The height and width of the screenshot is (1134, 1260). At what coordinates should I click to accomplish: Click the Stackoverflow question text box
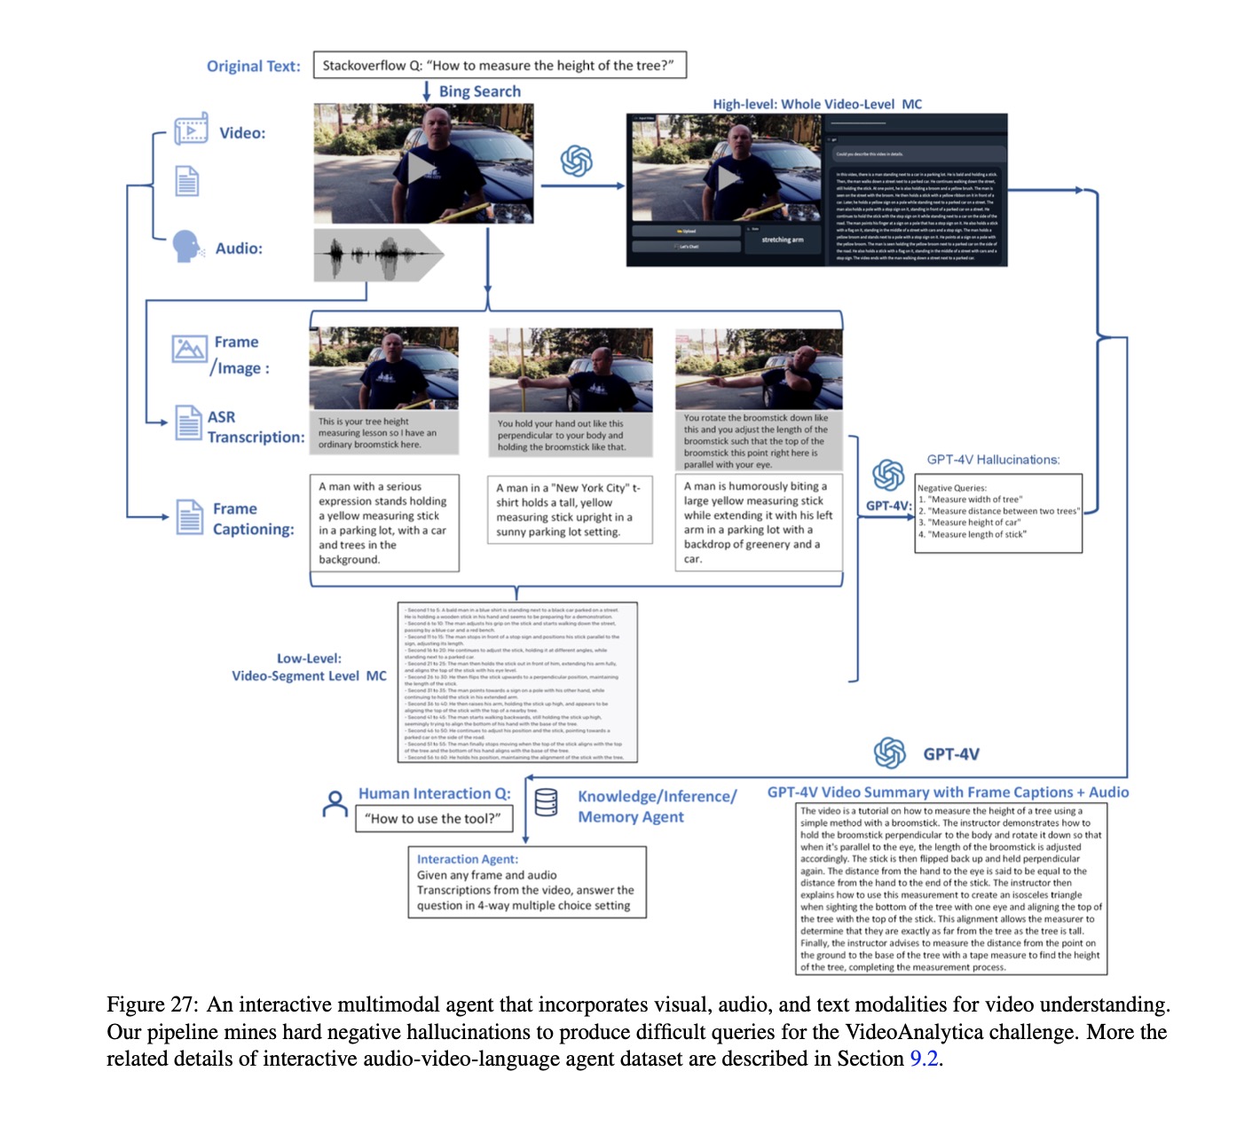pos(499,66)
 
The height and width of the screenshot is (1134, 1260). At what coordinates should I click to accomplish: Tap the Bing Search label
pos(479,91)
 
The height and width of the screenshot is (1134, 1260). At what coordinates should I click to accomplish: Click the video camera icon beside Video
pos(191,130)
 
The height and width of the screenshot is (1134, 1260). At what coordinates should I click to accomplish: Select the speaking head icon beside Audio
pos(186,246)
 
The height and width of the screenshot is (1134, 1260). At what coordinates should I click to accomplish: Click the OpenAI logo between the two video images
pos(576,161)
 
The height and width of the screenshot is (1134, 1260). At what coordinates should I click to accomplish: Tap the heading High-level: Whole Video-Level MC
pos(817,104)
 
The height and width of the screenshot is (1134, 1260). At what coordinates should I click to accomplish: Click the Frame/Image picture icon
pos(189,349)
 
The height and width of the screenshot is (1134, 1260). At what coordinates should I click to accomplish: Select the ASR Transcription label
pos(255,427)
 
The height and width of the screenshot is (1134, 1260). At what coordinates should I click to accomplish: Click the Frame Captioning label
pos(253,519)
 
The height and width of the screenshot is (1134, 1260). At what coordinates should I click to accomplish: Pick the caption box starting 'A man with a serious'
pos(383,523)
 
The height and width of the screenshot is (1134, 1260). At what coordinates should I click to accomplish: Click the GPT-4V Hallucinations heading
pos(993,460)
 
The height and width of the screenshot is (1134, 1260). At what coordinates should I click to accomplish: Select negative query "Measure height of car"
pos(973,523)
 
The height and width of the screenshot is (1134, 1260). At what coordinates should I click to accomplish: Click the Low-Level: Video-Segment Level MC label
pos(309,667)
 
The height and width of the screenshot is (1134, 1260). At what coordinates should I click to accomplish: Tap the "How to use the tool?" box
pos(433,818)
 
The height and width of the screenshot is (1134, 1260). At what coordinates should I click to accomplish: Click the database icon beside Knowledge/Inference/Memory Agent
pos(547,802)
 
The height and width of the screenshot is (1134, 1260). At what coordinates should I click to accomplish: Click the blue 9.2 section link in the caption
pos(924,1059)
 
